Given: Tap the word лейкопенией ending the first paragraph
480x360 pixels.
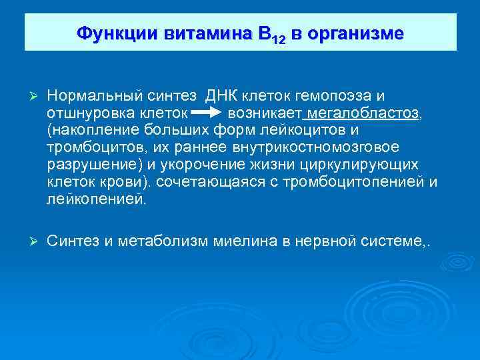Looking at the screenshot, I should pyautogui.click(x=95, y=199).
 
